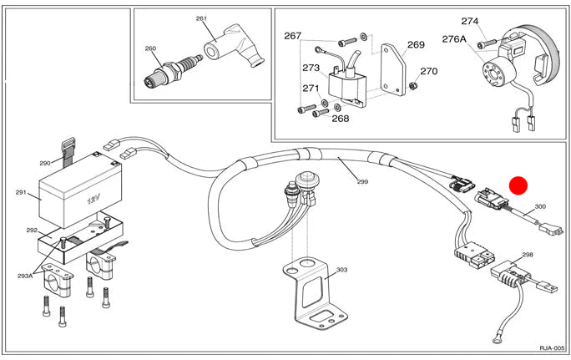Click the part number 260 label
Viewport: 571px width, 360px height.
pyautogui.click(x=149, y=48)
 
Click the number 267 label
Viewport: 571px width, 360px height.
pyautogui.click(x=292, y=36)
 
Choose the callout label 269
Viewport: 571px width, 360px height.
pyautogui.click(x=416, y=45)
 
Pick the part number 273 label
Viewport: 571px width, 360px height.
pyautogui.click(x=311, y=68)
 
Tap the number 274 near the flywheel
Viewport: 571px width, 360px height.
pyautogui.click(x=493, y=21)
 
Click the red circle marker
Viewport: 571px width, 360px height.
pyautogui.click(x=520, y=186)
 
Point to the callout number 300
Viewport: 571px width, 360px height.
pyautogui.click(x=539, y=206)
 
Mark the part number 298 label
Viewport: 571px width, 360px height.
pyautogui.click(x=527, y=254)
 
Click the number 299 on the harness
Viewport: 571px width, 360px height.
pyautogui.click(x=361, y=182)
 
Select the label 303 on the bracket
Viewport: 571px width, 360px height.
pyautogui.click(x=341, y=271)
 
